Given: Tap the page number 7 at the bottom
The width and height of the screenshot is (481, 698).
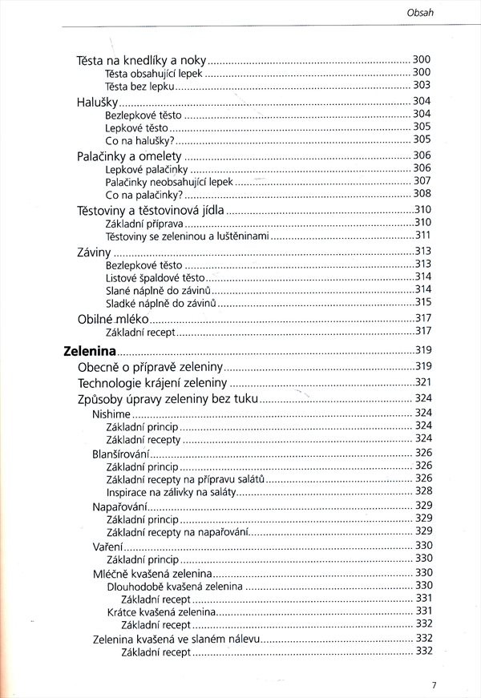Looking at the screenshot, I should pyautogui.click(x=434, y=684).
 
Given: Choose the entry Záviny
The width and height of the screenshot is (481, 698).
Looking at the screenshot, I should pyautogui.click(x=94, y=251).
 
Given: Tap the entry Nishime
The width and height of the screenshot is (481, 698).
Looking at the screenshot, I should pyautogui.click(x=111, y=413).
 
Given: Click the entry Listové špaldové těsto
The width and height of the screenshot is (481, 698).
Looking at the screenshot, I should pyautogui.click(x=150, y=276).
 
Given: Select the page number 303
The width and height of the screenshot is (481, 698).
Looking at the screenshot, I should pyautogui.click(x=422, y=85).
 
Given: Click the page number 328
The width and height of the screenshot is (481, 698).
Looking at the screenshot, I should pyautogui.click(x=423, y=490).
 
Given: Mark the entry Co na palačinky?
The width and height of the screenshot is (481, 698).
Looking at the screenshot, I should pyautogui.click(x=144, y=194).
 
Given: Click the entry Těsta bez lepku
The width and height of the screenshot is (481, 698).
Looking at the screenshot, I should pyautogui.click(x=139, y=85).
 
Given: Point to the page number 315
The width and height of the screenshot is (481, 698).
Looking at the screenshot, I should pyautogui.click(x=422, y=302).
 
